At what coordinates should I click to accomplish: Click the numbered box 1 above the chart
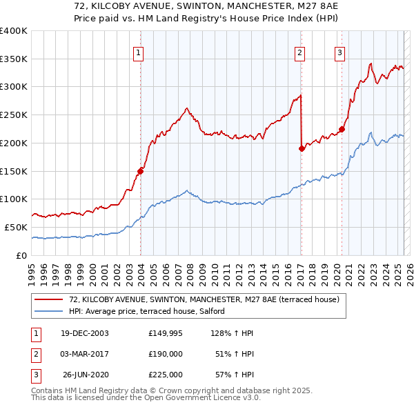tap(139, 51)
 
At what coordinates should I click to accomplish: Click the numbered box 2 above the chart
tap(300, 51)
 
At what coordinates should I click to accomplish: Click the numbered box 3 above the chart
tap(340, 51)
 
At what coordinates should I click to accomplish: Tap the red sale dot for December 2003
tap(141, 170)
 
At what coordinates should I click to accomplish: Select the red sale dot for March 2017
tap(302, 148)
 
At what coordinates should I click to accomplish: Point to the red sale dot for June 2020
tap(342, 128)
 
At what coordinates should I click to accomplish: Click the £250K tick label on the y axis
tap(14, 115)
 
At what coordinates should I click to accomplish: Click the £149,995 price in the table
tap(166, 333)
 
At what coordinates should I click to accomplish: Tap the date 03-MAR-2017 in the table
tap(85, 354)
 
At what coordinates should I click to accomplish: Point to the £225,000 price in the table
tap(166, 375)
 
